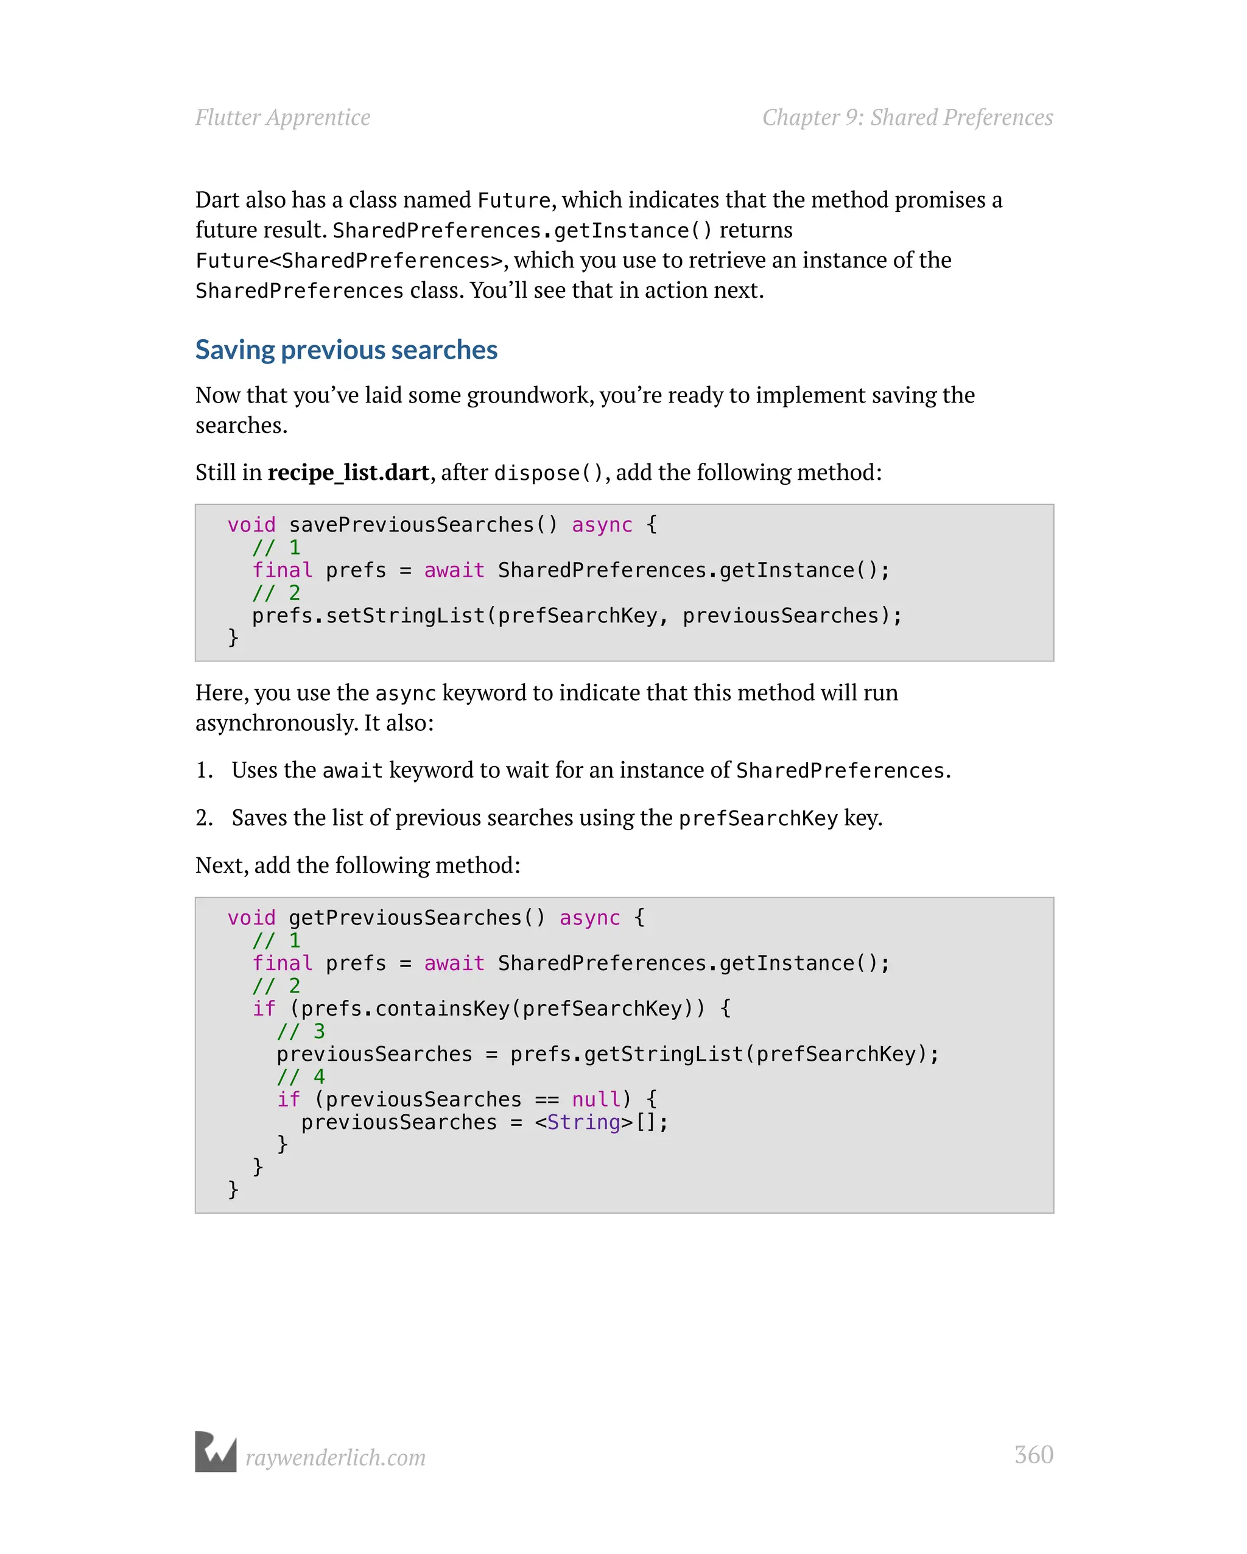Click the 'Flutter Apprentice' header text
[x=283, y=118]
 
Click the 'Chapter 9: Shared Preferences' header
[x=907, y=118]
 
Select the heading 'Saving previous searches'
[x=346, y=350]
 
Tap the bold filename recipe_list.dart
[x=348, y=472]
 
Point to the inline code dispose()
[x=548, y=473]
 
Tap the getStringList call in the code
[x=664, y=1054]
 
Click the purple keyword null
[x=596, y=1099]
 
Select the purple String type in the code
[x=584, y=1122]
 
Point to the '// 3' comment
[x=301, y=1032]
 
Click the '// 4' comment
[x=301, y=1077]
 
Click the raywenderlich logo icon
[x=216, y=1452]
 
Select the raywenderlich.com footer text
[x=336, y=1457]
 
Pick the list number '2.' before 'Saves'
[x=204, y=818]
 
